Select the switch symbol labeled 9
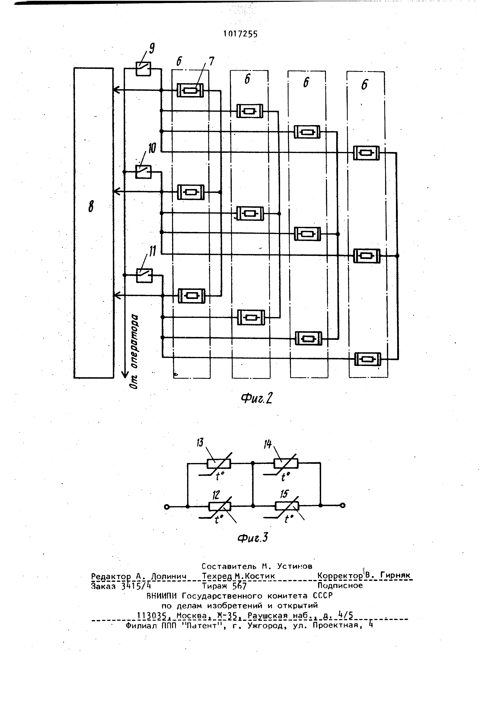143,69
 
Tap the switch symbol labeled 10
143,172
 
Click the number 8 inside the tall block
91,206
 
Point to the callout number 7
211,61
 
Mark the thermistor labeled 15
287,505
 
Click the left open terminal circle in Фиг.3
167,506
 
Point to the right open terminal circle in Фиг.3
343,505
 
